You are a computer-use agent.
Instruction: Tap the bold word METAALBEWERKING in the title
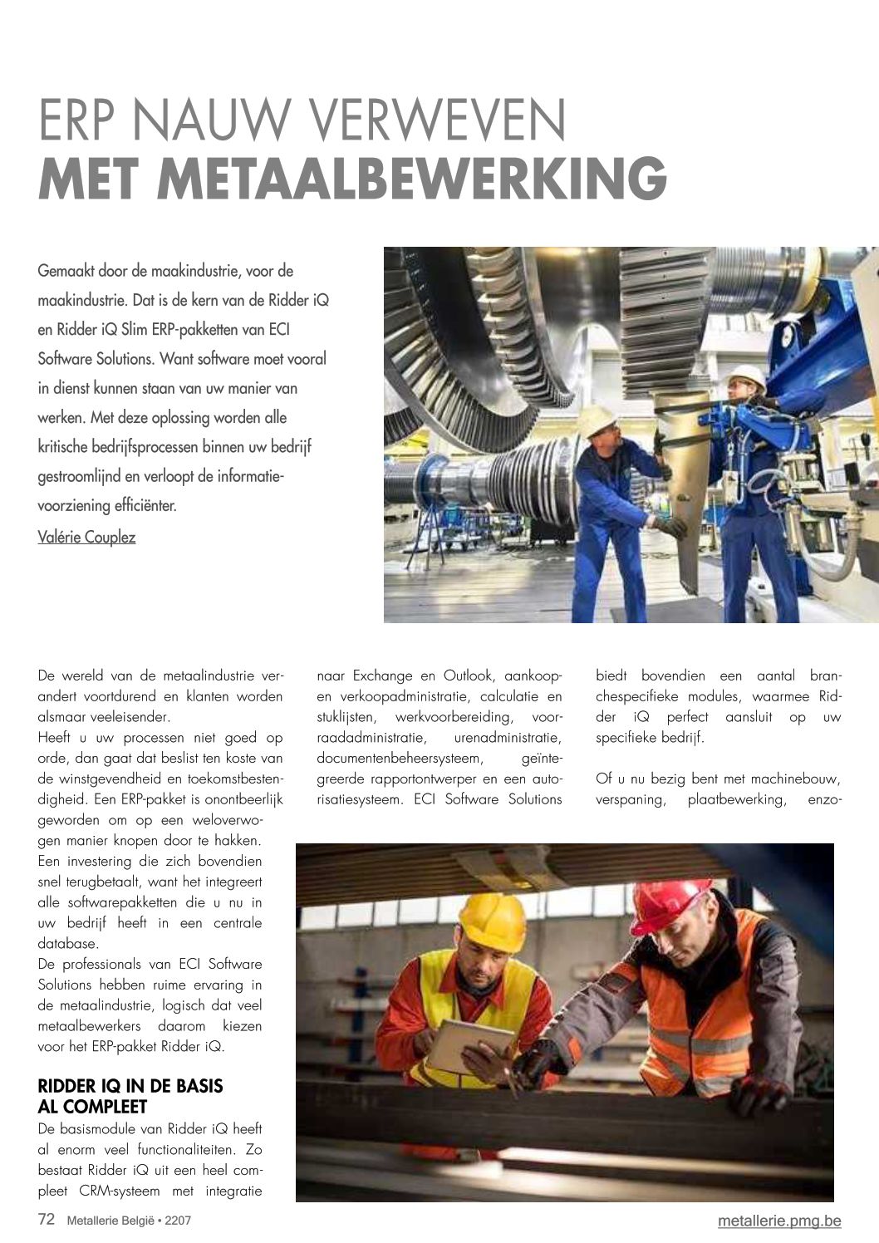(410, 177)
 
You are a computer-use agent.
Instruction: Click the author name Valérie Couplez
(86, 537)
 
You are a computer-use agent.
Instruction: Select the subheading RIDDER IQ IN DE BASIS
(130, 1086)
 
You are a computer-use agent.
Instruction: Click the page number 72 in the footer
(47, 1220)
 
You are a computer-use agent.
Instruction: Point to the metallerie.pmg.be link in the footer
(779, 1220)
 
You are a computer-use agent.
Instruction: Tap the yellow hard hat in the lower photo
(493, 921)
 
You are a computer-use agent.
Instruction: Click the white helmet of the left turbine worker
(596, 420)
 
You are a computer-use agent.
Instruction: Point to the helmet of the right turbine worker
(747, 377)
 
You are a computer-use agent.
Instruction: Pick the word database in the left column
(68, 943)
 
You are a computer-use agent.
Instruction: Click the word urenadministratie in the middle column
(508, 737)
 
